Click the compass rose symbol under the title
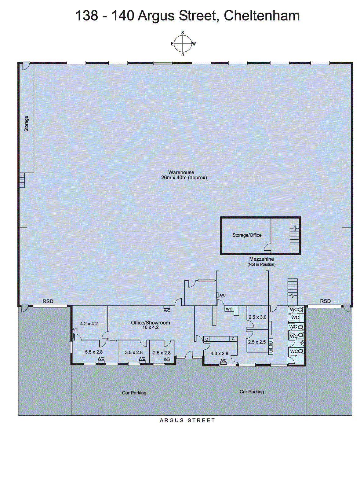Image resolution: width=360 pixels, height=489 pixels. pos(183,44)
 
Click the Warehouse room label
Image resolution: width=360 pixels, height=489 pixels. pos(181,172)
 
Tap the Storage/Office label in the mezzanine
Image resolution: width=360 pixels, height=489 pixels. pos(247,235)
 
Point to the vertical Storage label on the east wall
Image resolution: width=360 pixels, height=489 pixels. pos(26,123)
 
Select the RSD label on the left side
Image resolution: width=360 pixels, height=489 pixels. pos(48,301)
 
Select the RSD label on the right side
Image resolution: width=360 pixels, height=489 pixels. pos(325,301)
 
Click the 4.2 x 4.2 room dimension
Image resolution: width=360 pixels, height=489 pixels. pos(89,324)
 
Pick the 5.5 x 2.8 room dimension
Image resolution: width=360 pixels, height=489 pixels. pos(94,352)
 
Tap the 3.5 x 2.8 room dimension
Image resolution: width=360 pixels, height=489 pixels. pos(134,352)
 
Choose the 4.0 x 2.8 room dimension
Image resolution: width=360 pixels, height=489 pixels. pos(219,353)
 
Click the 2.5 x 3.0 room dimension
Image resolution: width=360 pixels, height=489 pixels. pos(257,317)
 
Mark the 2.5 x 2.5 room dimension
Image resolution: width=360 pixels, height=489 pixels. pos(257,342)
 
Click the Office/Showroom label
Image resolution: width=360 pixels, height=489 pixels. pos(150,322)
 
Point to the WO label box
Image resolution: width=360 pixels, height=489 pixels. pos(229,309)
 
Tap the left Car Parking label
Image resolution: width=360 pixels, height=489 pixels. pos(134,393)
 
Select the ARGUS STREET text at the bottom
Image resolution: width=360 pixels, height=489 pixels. pos(187,421)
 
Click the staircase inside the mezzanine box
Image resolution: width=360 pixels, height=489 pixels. pos(294,238)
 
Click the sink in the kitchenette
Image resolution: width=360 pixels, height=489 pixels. pos(271,346)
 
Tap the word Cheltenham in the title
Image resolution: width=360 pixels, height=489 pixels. pos(262,16)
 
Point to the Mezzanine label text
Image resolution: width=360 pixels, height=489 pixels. pos(261,259)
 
